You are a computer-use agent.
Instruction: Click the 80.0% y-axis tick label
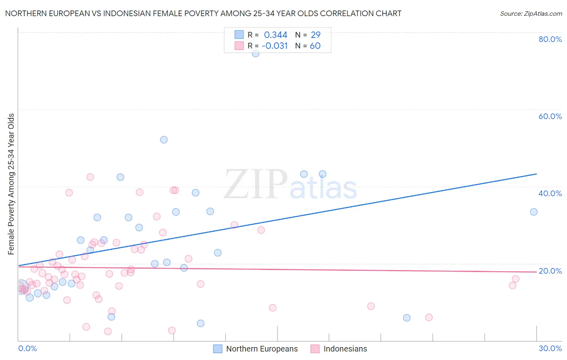(x=550, y=39)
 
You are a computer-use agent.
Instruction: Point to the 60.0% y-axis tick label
(x=550, y=116)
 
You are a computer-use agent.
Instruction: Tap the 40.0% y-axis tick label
(x=550, y=193)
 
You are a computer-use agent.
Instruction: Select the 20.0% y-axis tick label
(x=550, y=271)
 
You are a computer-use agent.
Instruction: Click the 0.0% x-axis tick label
(x=27, y=348)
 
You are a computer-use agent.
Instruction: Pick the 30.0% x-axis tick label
(x=550, y=348)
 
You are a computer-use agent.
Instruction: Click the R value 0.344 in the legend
(x=275, y=35)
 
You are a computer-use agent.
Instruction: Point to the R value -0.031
(x=275, y=46)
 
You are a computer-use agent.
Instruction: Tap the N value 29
(x=315, y=35)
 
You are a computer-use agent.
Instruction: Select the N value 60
(x=315, y=46)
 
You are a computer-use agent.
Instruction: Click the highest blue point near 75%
(x=255, y=53)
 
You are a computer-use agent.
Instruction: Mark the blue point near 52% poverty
(x=164, y=140)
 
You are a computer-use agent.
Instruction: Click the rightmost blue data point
(x=534, y=212)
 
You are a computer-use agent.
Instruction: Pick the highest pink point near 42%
(x=90, y=177)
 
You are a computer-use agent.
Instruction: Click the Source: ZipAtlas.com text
(x=531, y=14)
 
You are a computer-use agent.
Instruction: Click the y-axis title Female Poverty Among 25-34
(x=11, y=184)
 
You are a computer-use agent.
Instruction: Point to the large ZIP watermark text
(x=256, y=185)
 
